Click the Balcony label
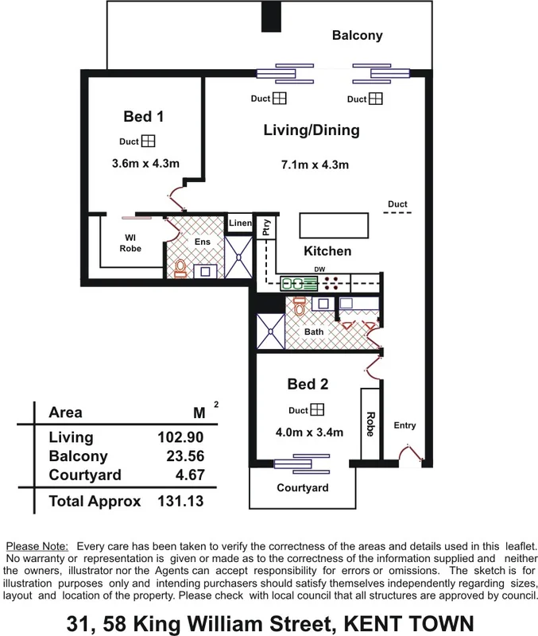tap(357, 36)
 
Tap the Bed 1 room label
tap(143, 117)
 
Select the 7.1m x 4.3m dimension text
tap(315, 165)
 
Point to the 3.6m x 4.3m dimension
tap(145, 165)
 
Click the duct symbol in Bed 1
tap(149, 142)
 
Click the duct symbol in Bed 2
tap(317, 409)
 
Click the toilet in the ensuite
tap(180, 269)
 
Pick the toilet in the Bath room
tap(300, 305)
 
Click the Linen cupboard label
tap(239, 224)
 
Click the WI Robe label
tap(130, 242)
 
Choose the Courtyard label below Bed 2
tap(302, 487)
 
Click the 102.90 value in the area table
tap(180, 437)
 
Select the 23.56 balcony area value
tap(184, 456)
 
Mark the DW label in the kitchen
tap(320, 270)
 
